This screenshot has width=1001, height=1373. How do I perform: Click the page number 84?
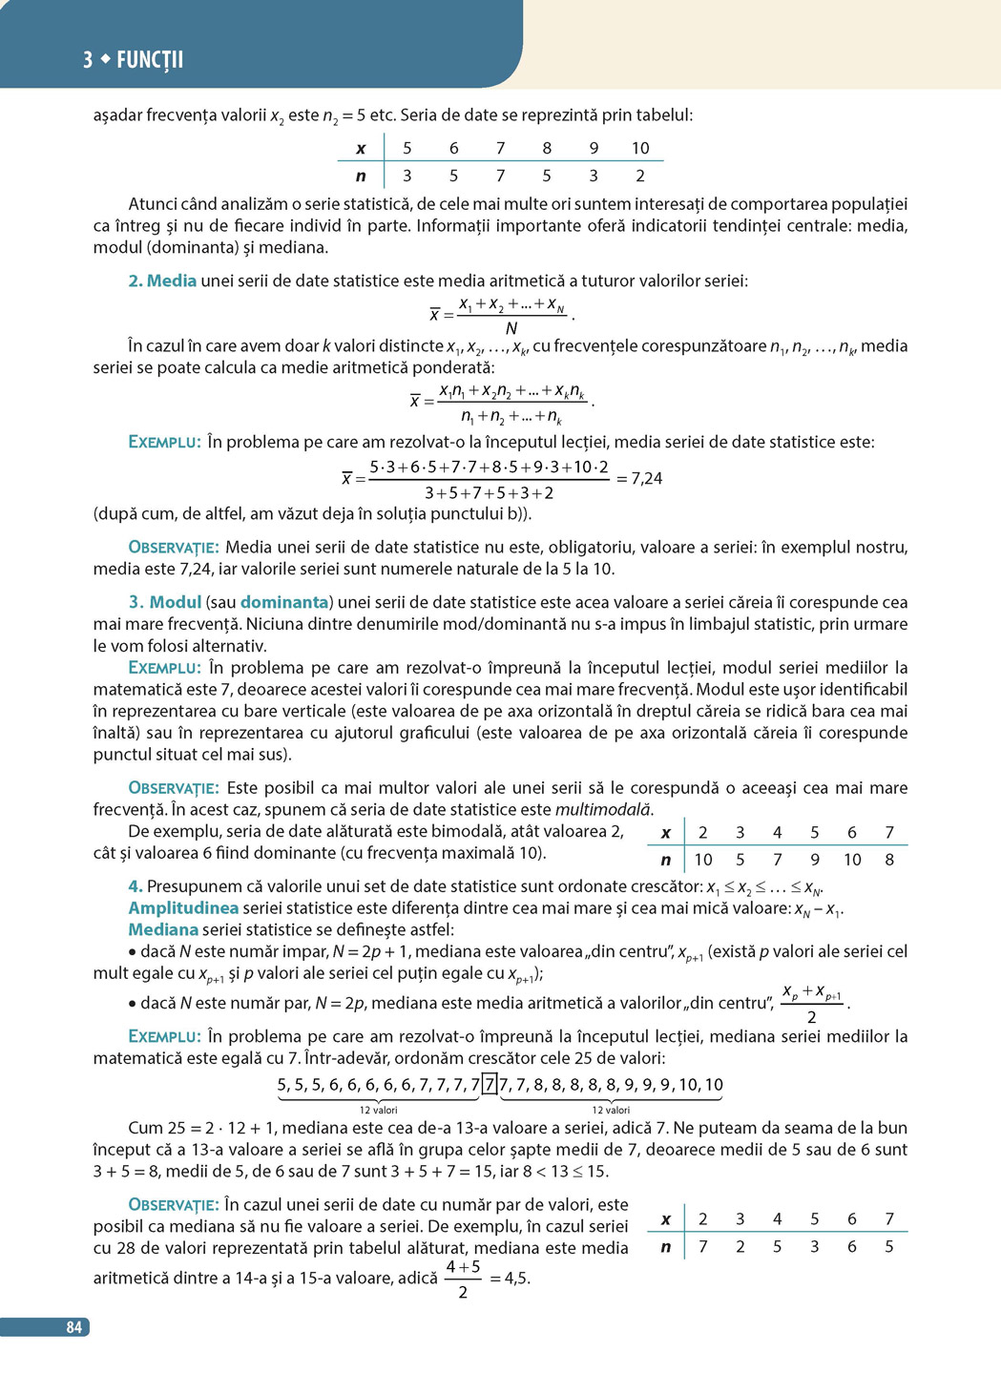[73, 1327]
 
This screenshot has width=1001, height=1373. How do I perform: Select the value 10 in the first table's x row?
[640, 148]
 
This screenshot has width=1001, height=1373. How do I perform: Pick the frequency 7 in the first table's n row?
[500, 176]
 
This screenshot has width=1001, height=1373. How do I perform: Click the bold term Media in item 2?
[172, 281]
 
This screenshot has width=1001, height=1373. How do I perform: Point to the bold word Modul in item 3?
[176, 602]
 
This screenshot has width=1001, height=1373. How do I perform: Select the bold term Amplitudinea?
[183, 907]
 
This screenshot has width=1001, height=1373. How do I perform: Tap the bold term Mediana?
[163, 929]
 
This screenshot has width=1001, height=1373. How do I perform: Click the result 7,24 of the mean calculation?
[646, 478]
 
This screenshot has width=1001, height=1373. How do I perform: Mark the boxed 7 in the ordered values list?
[490, 1084]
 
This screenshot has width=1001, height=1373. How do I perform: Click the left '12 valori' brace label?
[379, 1110]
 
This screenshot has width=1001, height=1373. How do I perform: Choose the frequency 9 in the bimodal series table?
[815, 860]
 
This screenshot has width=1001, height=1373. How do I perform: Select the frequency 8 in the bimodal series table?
[889, 860]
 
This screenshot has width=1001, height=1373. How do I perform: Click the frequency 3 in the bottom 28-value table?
[815, 1246]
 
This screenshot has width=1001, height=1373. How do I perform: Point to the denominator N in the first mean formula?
[511, 328]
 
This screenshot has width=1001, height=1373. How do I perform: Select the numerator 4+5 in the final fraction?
[463, 1267]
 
